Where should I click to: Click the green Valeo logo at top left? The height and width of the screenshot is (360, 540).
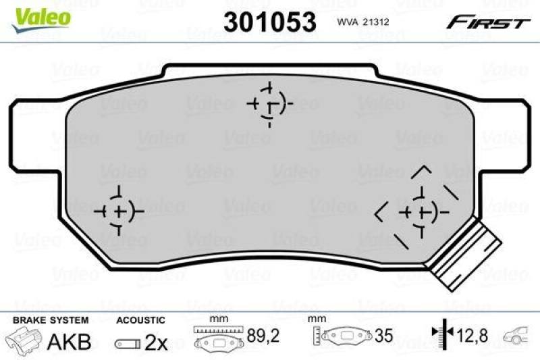42,15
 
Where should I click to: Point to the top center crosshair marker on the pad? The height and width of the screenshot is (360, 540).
269,105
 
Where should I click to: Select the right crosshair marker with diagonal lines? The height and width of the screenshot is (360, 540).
421,213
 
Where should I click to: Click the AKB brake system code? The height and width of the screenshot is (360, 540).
69,342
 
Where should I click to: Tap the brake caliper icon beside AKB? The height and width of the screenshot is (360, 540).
23,341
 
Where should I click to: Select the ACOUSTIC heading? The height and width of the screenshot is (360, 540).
140,321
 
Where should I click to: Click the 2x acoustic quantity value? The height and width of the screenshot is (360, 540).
157,342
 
